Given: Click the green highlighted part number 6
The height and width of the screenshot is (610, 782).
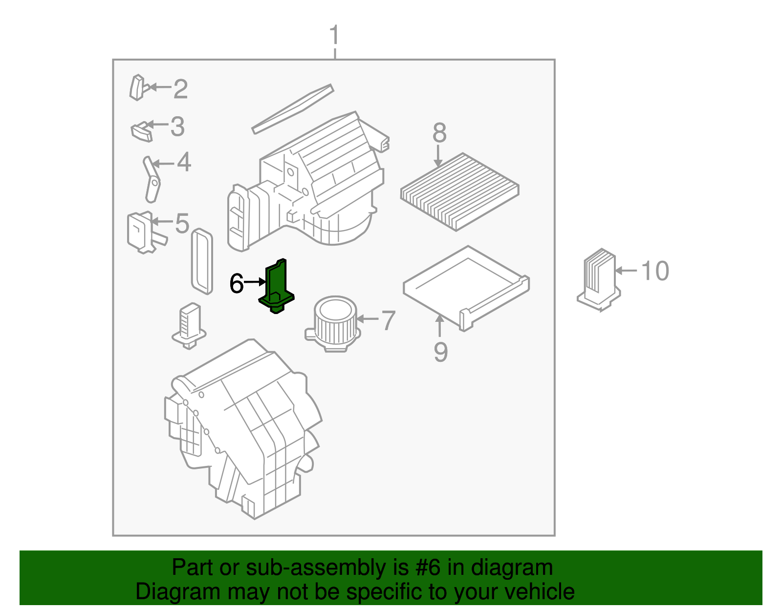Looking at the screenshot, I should [x=277, y=288].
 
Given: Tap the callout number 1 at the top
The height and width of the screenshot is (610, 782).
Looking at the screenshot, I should [x=334, y=36].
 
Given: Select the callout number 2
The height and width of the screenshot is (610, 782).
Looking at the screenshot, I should [x=180, y=89].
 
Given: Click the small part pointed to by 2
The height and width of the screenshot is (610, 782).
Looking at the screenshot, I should [x=137, y=88].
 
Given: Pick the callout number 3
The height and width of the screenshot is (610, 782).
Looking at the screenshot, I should [x=177, y=126].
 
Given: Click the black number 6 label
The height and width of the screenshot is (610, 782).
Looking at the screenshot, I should [x=237, y=284].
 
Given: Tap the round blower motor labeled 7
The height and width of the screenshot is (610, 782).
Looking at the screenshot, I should [x=333, y=322].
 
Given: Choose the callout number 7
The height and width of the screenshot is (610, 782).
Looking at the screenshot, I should [x=388, y=320].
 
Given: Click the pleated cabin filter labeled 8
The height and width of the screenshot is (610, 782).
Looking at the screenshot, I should [x=459, y=191].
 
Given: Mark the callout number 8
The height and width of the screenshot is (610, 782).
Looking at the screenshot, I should [x=439, y=133].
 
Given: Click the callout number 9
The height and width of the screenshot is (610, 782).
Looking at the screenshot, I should [x=440, y=352].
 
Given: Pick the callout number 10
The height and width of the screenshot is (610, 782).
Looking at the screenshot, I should [x=655, y=271].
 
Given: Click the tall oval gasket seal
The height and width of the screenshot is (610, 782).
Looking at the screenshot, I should [x=202, y=261].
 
